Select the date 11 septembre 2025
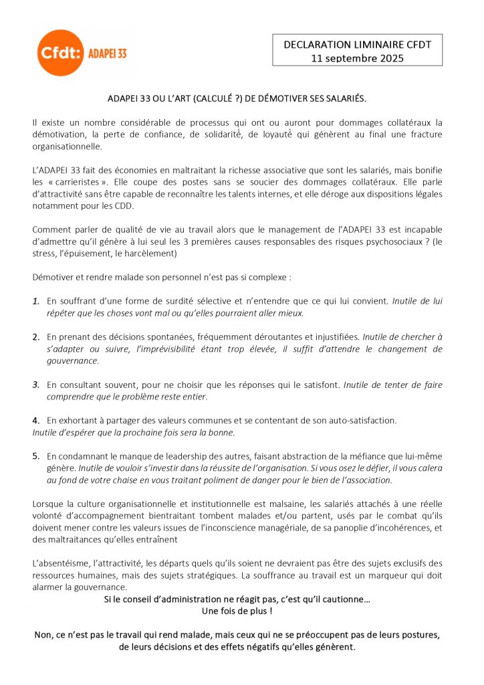click(x=357, y=58)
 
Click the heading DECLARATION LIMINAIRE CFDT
click(x=357, y=44)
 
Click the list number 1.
click(x=36, y=301)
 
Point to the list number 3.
click(x=36, y=385)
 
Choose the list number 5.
click(x=36, y=456)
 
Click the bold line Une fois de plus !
click(x=237, y=611)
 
